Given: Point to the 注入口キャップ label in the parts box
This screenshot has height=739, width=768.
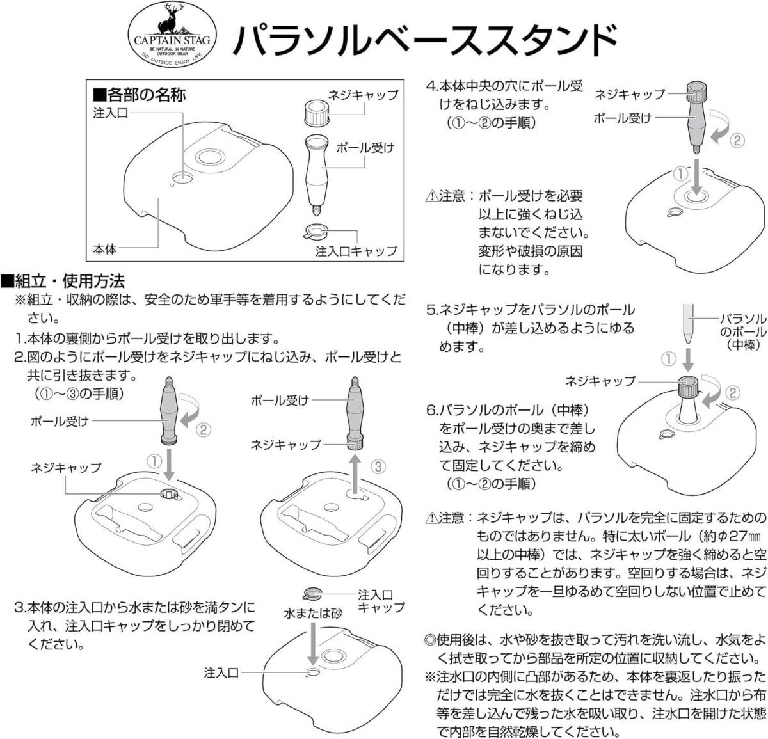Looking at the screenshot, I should [356, 251].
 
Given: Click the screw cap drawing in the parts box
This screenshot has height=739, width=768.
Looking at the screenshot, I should [314, 114].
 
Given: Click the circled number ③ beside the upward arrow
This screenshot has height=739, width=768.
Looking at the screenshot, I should [378, 466].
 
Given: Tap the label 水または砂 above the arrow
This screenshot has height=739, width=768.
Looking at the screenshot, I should [312, 612].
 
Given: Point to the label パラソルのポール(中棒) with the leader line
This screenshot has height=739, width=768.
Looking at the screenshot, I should [742, 331].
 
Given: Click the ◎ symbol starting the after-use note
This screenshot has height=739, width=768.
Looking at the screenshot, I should [430, 658].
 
